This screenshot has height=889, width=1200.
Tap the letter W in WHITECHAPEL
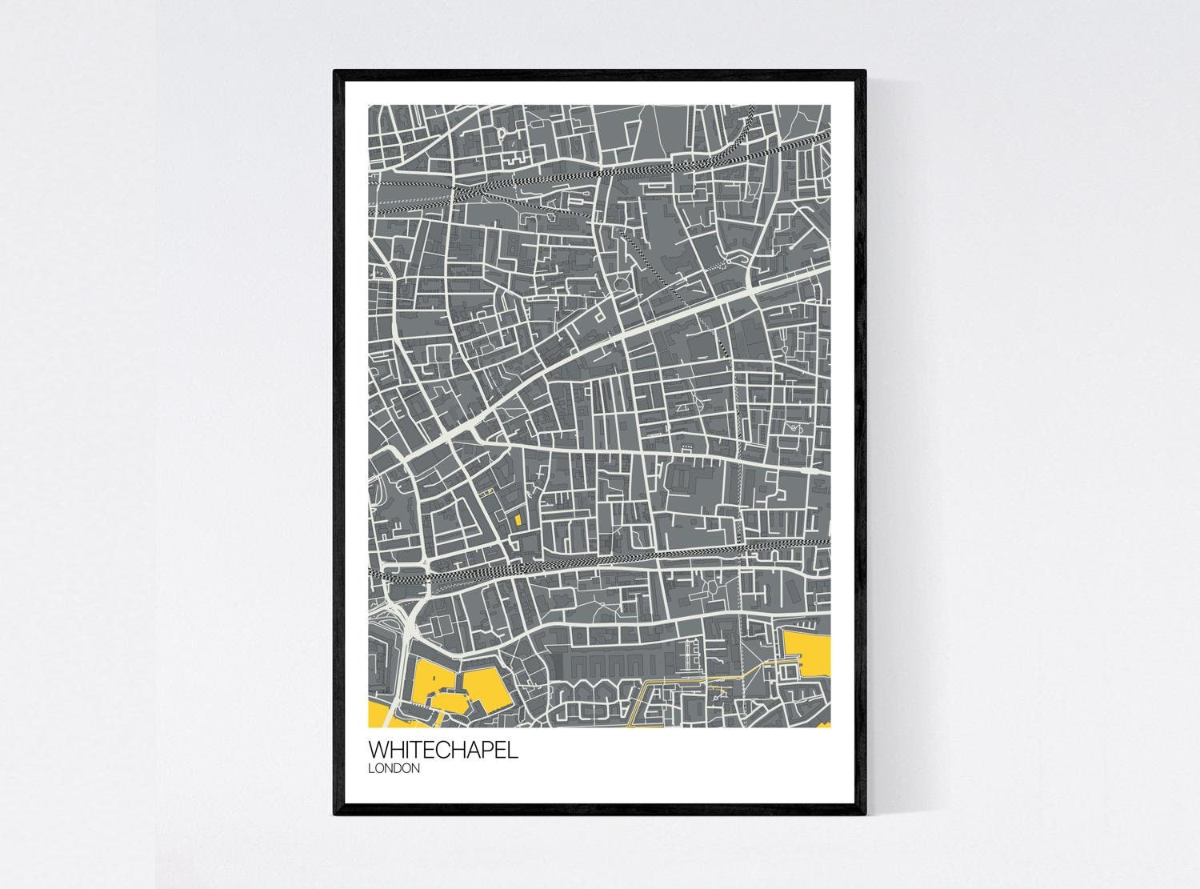[378, 751]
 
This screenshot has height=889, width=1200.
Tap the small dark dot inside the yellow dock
[432, 677]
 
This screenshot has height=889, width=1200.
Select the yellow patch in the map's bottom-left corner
[378, 714]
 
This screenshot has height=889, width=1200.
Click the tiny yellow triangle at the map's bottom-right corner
[824, 725]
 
